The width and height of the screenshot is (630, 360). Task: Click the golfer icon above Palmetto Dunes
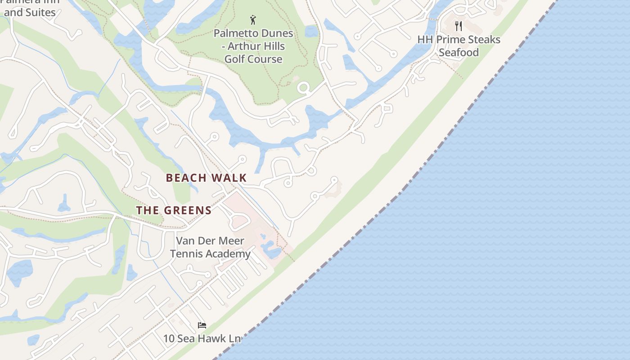pos(253,20)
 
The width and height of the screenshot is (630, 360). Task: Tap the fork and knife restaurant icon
pos(459,26)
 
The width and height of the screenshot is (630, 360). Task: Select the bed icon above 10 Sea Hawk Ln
pos(202,325)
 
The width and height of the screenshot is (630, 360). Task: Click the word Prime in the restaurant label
pos(454,40)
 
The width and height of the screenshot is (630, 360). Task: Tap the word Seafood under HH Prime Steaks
pos(459,52)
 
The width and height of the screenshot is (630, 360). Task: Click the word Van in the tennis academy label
pos(185,241)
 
